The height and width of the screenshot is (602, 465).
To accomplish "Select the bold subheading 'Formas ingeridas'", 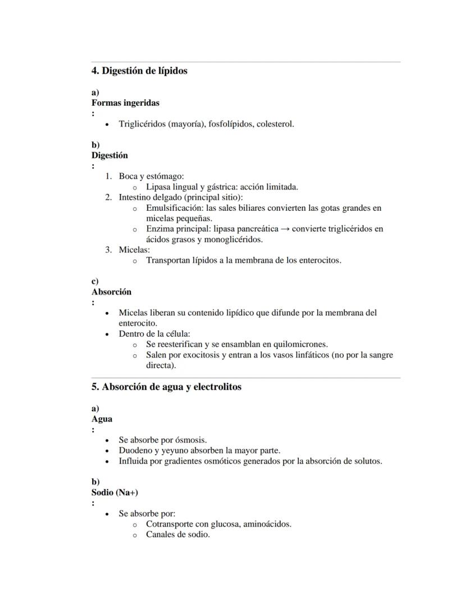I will tap(125, 103).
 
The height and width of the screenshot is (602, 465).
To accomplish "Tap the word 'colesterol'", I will tap(274, 124).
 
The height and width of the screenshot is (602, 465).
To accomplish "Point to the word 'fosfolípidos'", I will tap(231, 124).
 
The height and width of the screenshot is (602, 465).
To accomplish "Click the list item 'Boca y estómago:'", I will tap(143, 176).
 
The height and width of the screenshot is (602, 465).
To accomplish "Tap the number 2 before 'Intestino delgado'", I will tap(108, 197).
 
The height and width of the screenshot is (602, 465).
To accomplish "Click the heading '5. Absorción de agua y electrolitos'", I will tap(166, 387).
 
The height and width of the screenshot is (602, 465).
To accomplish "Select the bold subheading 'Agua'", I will tap(102, 419).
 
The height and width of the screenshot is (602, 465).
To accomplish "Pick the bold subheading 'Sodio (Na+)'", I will tap(115, 492).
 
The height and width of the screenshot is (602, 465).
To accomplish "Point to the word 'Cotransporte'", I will tap(170, 524).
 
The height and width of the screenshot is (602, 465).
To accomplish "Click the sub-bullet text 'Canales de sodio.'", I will tap(177, 535).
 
